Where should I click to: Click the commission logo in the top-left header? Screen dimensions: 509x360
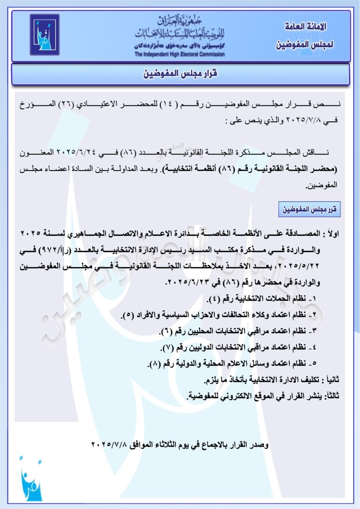click(45, 35)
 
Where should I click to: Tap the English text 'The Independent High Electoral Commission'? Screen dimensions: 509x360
click(180, 54)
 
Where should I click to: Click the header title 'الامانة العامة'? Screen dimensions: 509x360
click(306, 27)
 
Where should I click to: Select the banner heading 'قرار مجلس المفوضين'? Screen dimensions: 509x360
click(180, 75)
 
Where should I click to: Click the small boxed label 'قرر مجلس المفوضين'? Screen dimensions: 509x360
click(309, 210)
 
